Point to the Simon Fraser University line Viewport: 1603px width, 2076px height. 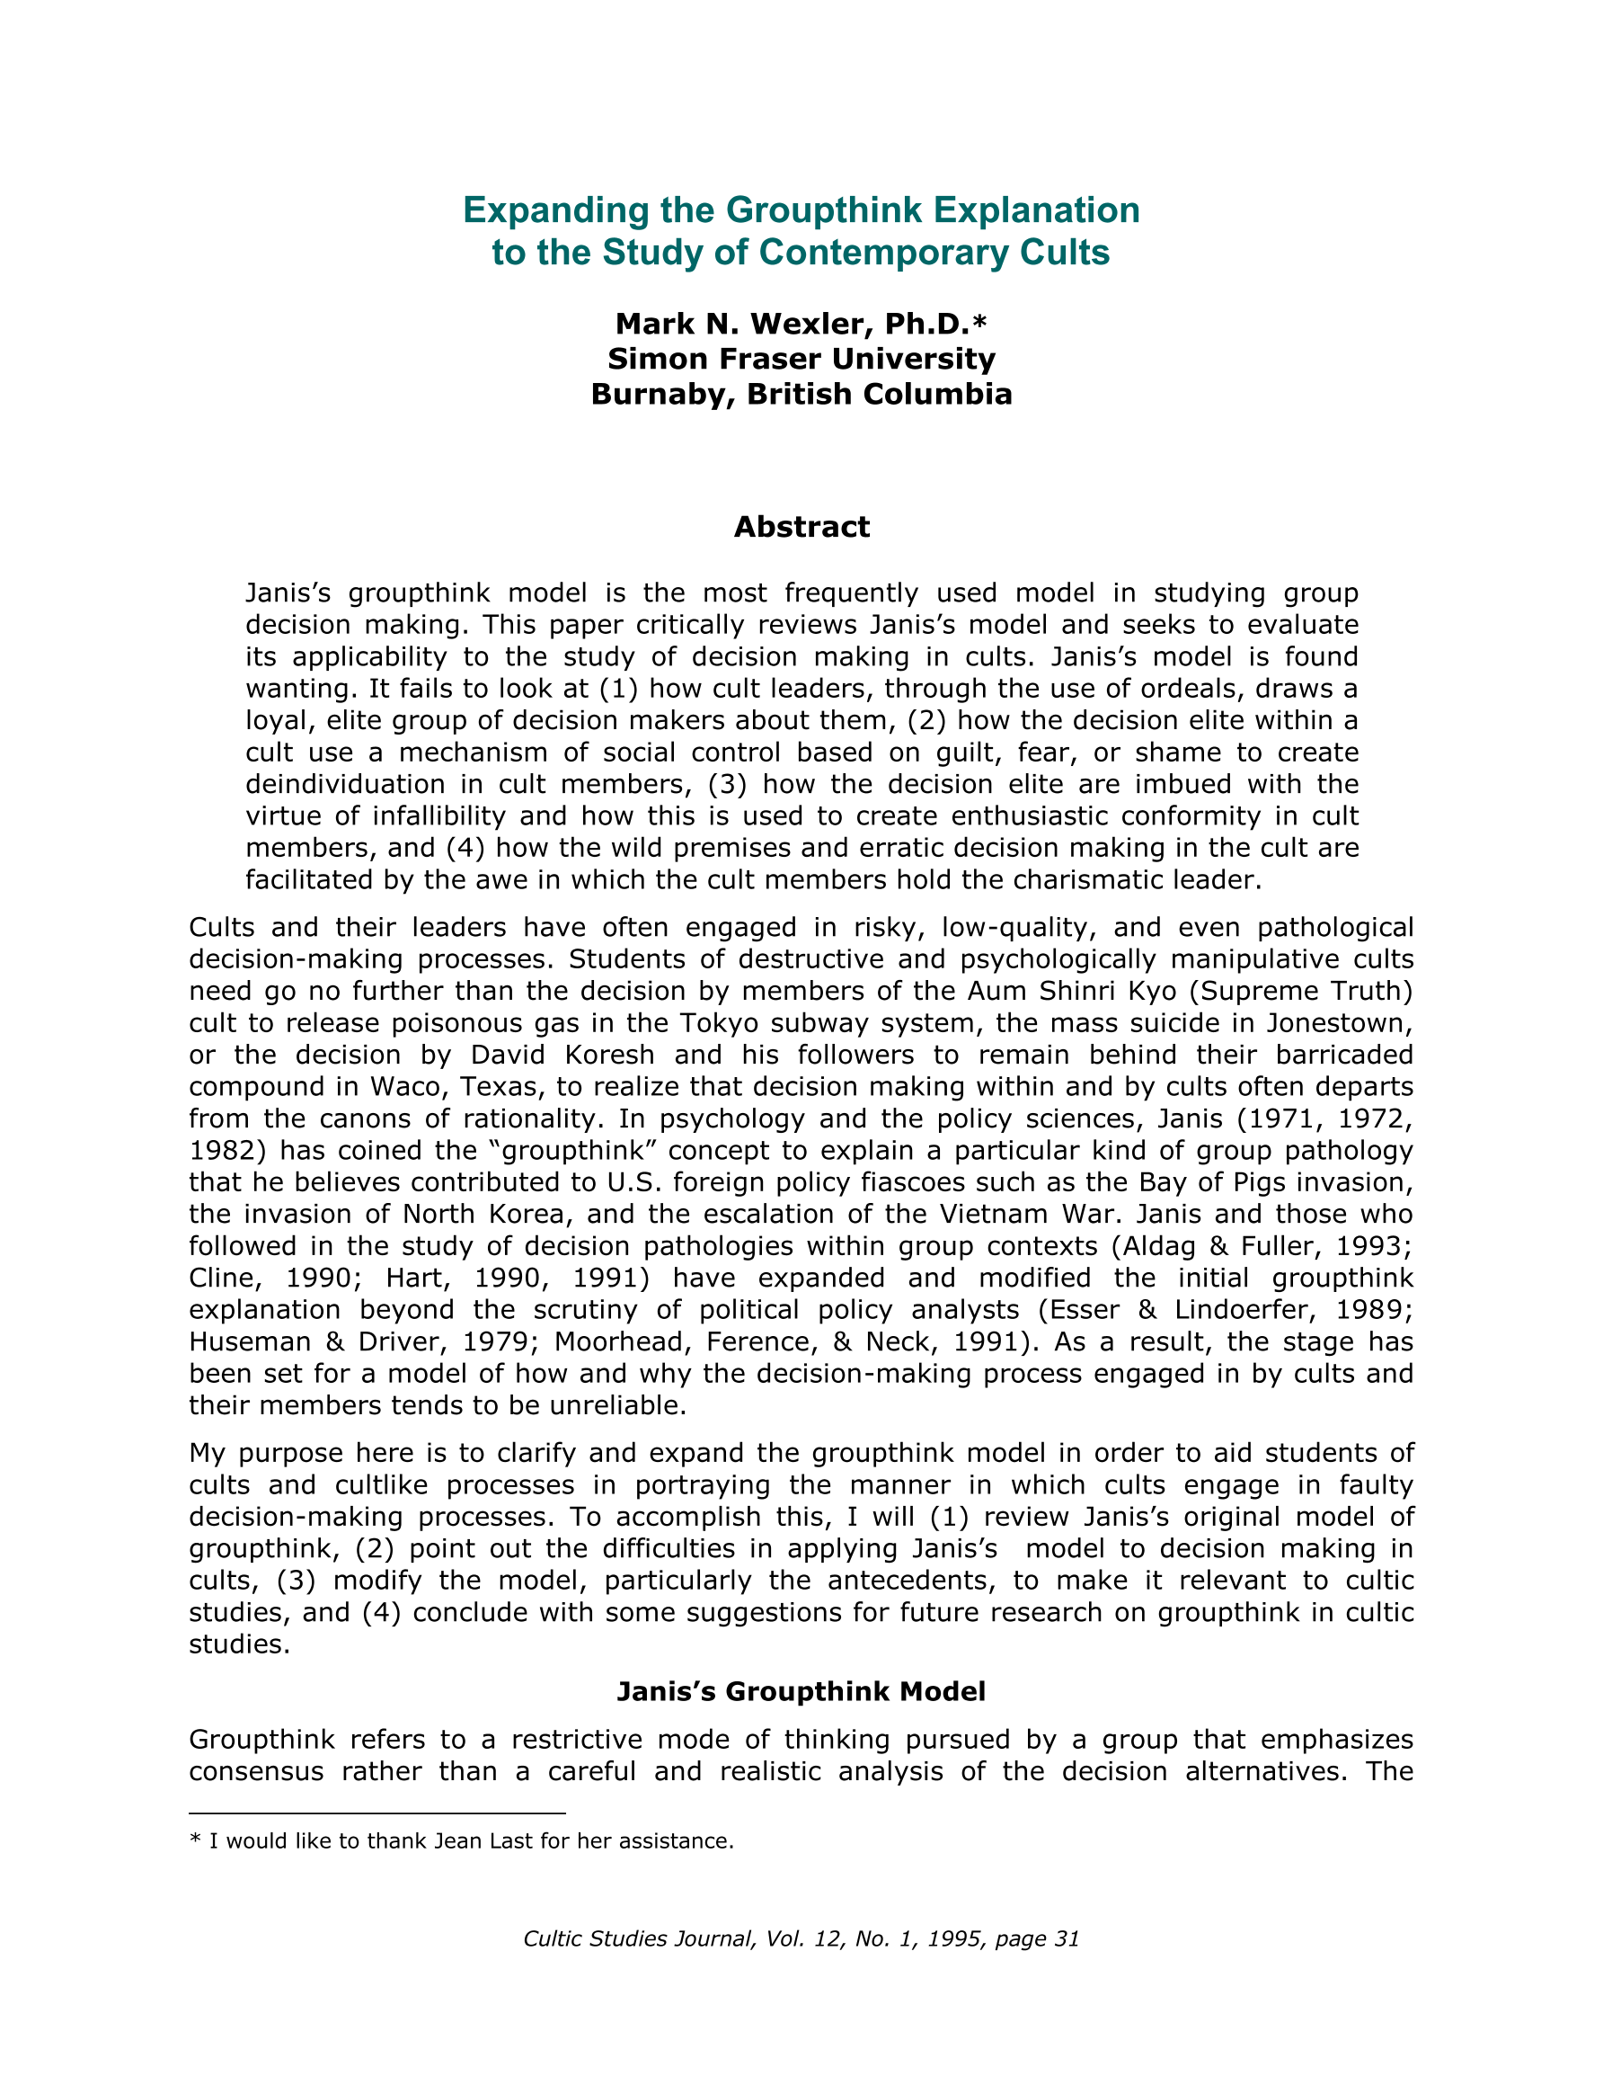(801, 360)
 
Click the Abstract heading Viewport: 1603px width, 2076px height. (801, 527)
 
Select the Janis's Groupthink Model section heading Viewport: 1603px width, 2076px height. (801, 1692)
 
